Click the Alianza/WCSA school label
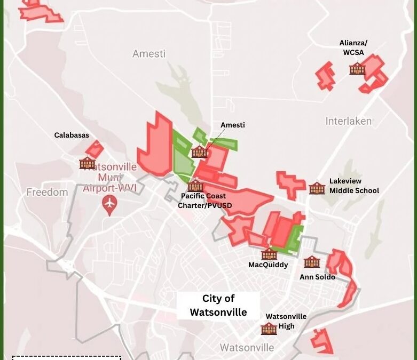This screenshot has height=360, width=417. [353, 47]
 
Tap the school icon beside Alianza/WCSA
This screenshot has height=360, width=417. [357, 68]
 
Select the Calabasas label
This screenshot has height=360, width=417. [72, 135]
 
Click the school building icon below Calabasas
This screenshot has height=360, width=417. [87, 163]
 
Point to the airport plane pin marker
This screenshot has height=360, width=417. [110, 204]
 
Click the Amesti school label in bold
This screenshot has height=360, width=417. [233, 125]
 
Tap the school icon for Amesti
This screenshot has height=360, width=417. [199, 151]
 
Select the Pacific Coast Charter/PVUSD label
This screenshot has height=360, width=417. [203, 200]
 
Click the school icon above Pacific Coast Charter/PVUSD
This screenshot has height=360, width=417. [195, 186]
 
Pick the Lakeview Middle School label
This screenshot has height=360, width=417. [354, 186]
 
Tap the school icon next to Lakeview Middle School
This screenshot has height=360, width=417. [317, 188]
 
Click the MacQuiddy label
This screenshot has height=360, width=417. [268, 265]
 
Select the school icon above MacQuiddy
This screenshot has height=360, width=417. [269, 254]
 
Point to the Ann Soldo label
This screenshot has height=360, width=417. [317, 277]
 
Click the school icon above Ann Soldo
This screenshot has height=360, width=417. [312, 262]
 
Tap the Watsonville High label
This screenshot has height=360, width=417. [286, 321]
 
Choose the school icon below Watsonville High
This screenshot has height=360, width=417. [269, 329]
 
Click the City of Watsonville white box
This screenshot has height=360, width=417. [218, 306]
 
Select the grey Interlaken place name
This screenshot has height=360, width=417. [349, 121]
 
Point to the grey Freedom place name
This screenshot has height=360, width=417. [48, 192]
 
